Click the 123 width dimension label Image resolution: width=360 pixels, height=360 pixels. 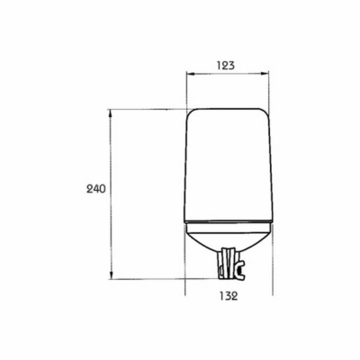[226, 65]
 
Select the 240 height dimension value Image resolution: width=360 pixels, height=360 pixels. [96, 189]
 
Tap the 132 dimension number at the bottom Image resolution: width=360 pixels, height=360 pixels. [229, 296]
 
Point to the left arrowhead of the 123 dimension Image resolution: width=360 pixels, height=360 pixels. [190, 73]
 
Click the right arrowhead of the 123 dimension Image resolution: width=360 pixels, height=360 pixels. [265, 73]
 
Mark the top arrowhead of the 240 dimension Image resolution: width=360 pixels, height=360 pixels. [111, 113]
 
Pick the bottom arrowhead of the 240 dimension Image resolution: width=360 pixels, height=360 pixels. [111, 274]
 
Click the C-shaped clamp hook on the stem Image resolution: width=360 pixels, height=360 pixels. [240, 270]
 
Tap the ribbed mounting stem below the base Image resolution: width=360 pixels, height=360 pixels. [228, 263]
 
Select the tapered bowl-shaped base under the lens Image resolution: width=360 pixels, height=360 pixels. [228, 238]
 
